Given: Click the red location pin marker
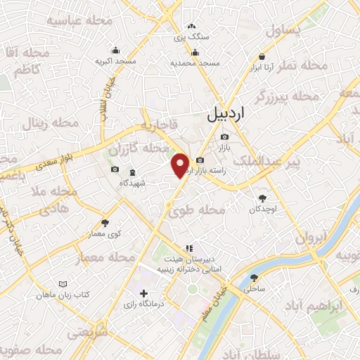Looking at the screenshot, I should [x=181, y=165].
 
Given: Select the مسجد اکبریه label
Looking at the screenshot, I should [x=115, y=62].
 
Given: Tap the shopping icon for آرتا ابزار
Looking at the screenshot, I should [x=262, y=57].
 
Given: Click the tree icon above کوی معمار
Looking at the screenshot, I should [x=105, y=222].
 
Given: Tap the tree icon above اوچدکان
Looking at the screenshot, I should [x=263, y=198].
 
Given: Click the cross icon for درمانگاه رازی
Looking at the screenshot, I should [x=143, y=293].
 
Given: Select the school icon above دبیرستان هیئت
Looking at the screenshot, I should [x=188, y=248].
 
